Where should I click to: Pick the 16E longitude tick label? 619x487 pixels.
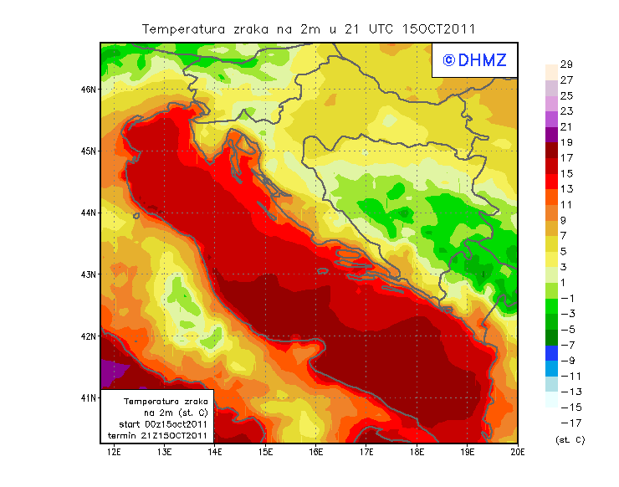(x=316, y=452)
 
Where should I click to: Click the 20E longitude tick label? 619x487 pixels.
(x=518, y=452)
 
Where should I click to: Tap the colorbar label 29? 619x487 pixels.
(x=566, y=64)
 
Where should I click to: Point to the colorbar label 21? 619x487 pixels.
(x=566, y=126)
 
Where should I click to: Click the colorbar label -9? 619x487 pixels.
(x=566, y=361)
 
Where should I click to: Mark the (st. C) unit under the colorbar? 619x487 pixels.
(x=570, y=439)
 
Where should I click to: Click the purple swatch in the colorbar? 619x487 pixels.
(x=551, y=134)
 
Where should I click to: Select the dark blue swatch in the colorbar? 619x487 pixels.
(x=551, y=353)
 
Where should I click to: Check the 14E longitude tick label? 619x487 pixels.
(x=215, y=452)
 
